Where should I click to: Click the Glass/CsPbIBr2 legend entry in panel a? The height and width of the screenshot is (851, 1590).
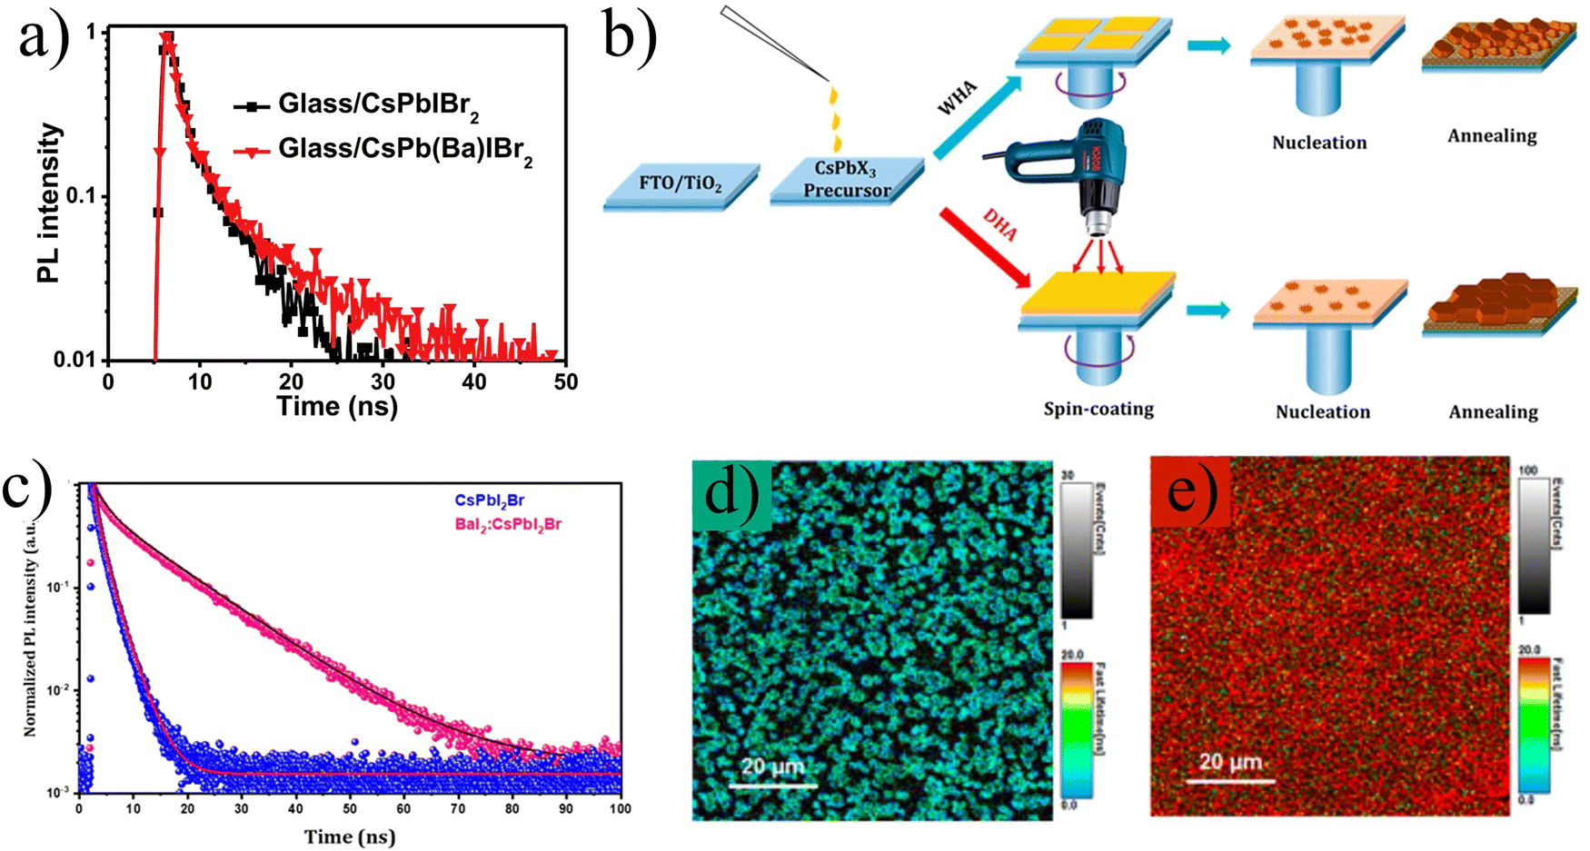tap(378, 105)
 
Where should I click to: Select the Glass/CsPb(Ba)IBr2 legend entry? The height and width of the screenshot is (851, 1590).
tap(404, 149)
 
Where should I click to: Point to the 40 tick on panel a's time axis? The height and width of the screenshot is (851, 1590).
tap(474, 381)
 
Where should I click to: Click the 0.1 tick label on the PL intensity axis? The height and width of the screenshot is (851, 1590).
tap(79, 196)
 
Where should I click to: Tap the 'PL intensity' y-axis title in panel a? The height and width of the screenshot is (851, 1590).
tap(51, 203)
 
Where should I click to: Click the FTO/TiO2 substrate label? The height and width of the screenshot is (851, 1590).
tap(681, 183)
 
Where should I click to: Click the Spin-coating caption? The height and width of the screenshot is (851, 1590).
tap(1098, 409)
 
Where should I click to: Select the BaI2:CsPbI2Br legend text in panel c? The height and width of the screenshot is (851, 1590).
tap(508, 524)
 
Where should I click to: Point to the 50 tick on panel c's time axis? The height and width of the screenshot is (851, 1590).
tap(350, 808)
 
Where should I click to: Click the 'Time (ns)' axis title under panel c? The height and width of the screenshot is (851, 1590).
tap(350, 836)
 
